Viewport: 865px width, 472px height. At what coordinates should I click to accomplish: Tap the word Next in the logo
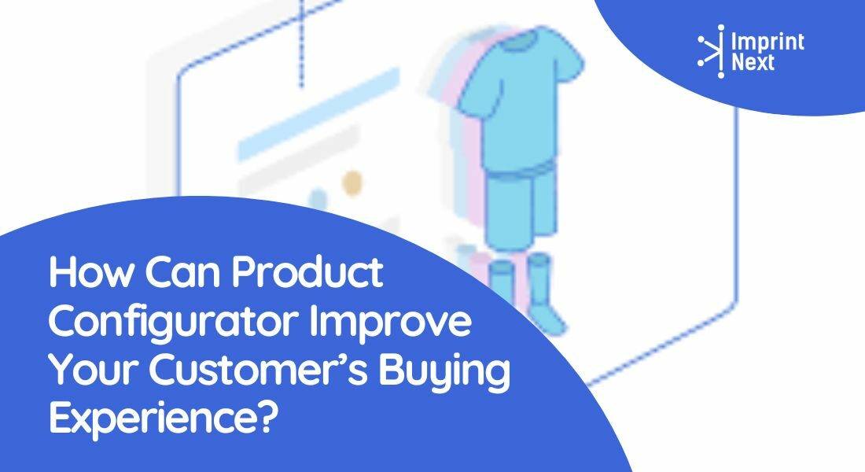pos(753,62)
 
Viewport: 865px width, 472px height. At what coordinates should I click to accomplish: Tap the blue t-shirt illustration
pos(518,94)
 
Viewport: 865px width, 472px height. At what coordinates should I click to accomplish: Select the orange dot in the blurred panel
pos(352,183)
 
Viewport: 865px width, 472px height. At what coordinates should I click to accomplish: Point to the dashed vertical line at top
pos(301,43)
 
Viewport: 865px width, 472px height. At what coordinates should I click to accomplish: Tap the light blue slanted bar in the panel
pos(318,114)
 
